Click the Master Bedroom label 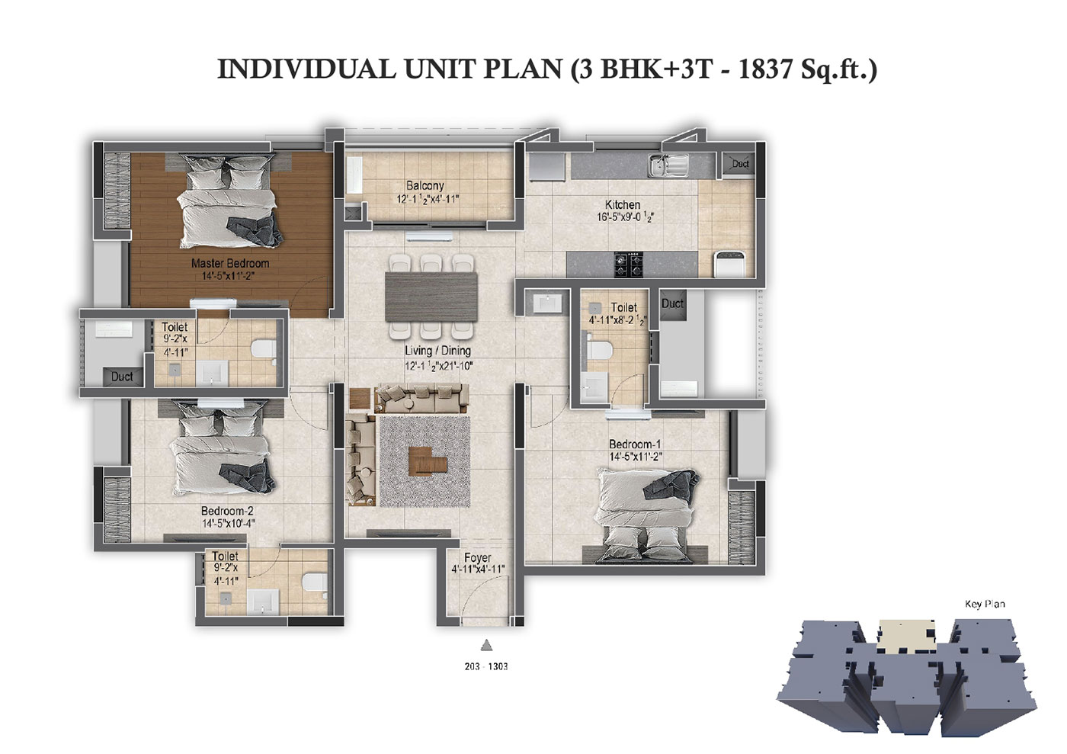[230, 263]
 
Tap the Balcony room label [425, 186]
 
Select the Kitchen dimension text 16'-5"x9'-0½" [626, 217]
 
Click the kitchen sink [668, 165]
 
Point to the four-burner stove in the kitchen [629, 265]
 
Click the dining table [431, 297]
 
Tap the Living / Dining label [437, 351]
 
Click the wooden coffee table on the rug [428, 460]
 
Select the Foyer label [477, 557]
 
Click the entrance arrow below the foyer [486, 645]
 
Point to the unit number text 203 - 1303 [486, 666]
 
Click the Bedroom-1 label [634, 444]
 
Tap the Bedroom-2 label [227, 511]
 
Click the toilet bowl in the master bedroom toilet [262, 348]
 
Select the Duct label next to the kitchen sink [740, 164]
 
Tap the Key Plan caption [985, 605]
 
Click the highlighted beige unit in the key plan [907, 637]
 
